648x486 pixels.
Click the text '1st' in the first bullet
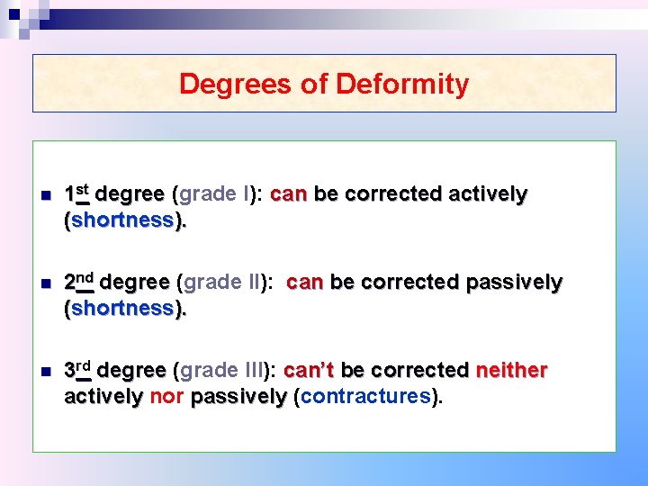coord(76,193)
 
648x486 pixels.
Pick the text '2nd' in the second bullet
coord(79,281)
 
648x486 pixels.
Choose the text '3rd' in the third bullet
coord(79,370)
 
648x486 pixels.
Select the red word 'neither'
coord(511,371)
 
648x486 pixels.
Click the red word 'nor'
coord(166,396)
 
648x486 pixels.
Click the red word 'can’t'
coord(309,371)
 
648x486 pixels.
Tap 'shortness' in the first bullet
coord(122,220)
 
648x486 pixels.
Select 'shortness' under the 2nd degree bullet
coord(122,308)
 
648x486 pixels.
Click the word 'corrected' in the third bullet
coord(419,371)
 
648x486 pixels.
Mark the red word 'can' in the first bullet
coord(288,193)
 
